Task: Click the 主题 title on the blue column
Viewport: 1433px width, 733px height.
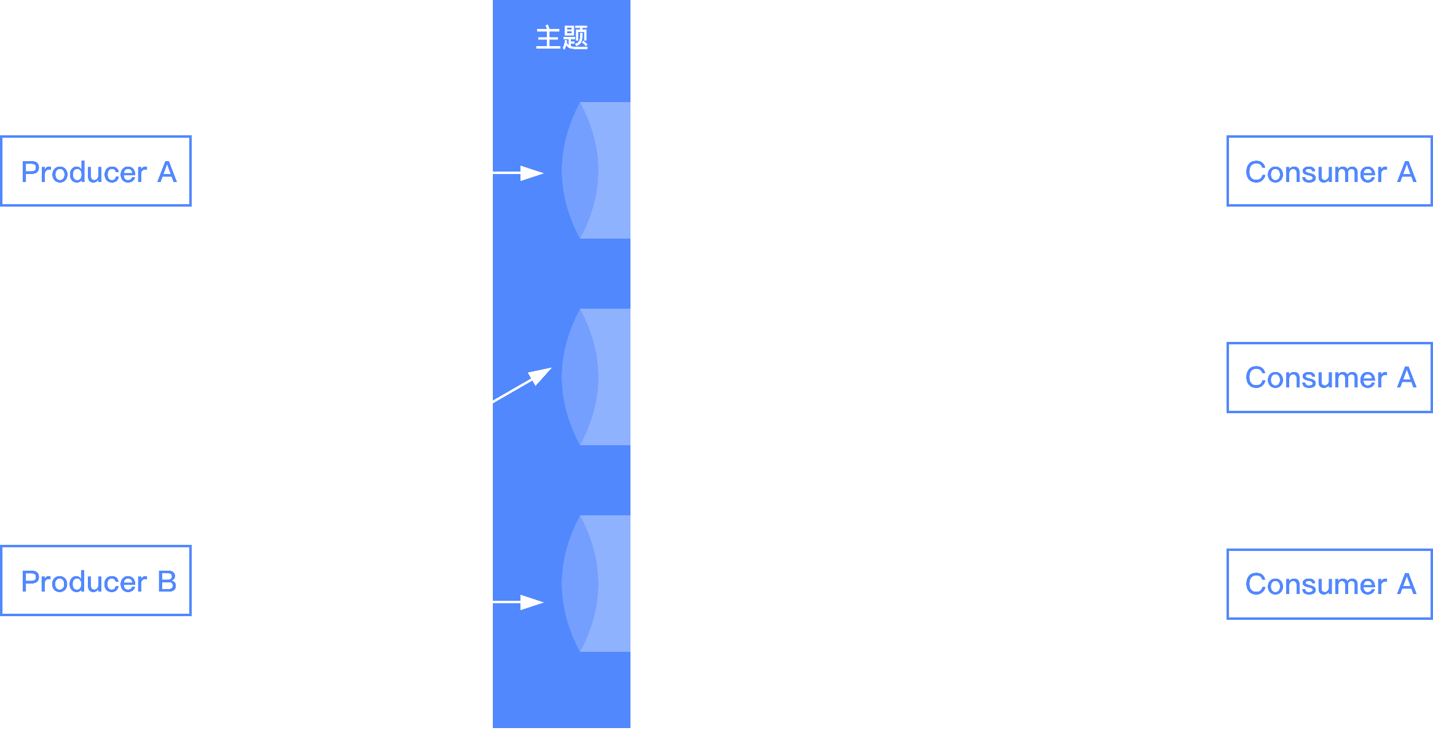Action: click(562, 38)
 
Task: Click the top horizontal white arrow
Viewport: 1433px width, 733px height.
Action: click(518, 173)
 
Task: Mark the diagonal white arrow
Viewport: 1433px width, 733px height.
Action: click(522, 385)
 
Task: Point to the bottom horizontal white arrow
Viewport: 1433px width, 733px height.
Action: click(518, 602)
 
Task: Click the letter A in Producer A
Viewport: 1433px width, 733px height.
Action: click(167, 172)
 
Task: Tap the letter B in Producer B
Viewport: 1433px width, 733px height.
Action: click(167, 582)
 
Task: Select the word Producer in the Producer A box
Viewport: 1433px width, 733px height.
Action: click(84, 172)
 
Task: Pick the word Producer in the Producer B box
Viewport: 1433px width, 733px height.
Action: click(84, 582)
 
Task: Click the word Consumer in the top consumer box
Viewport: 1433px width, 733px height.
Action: click(1316, 172)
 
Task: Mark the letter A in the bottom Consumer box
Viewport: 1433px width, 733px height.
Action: click(1407, 584)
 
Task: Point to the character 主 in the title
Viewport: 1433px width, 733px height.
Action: click(548, 38)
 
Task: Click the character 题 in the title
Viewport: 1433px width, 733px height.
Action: click(575, 38)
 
